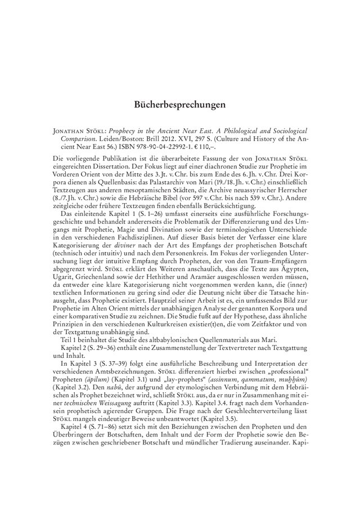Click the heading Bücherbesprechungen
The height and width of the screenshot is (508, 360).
[x=180, y=105]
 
